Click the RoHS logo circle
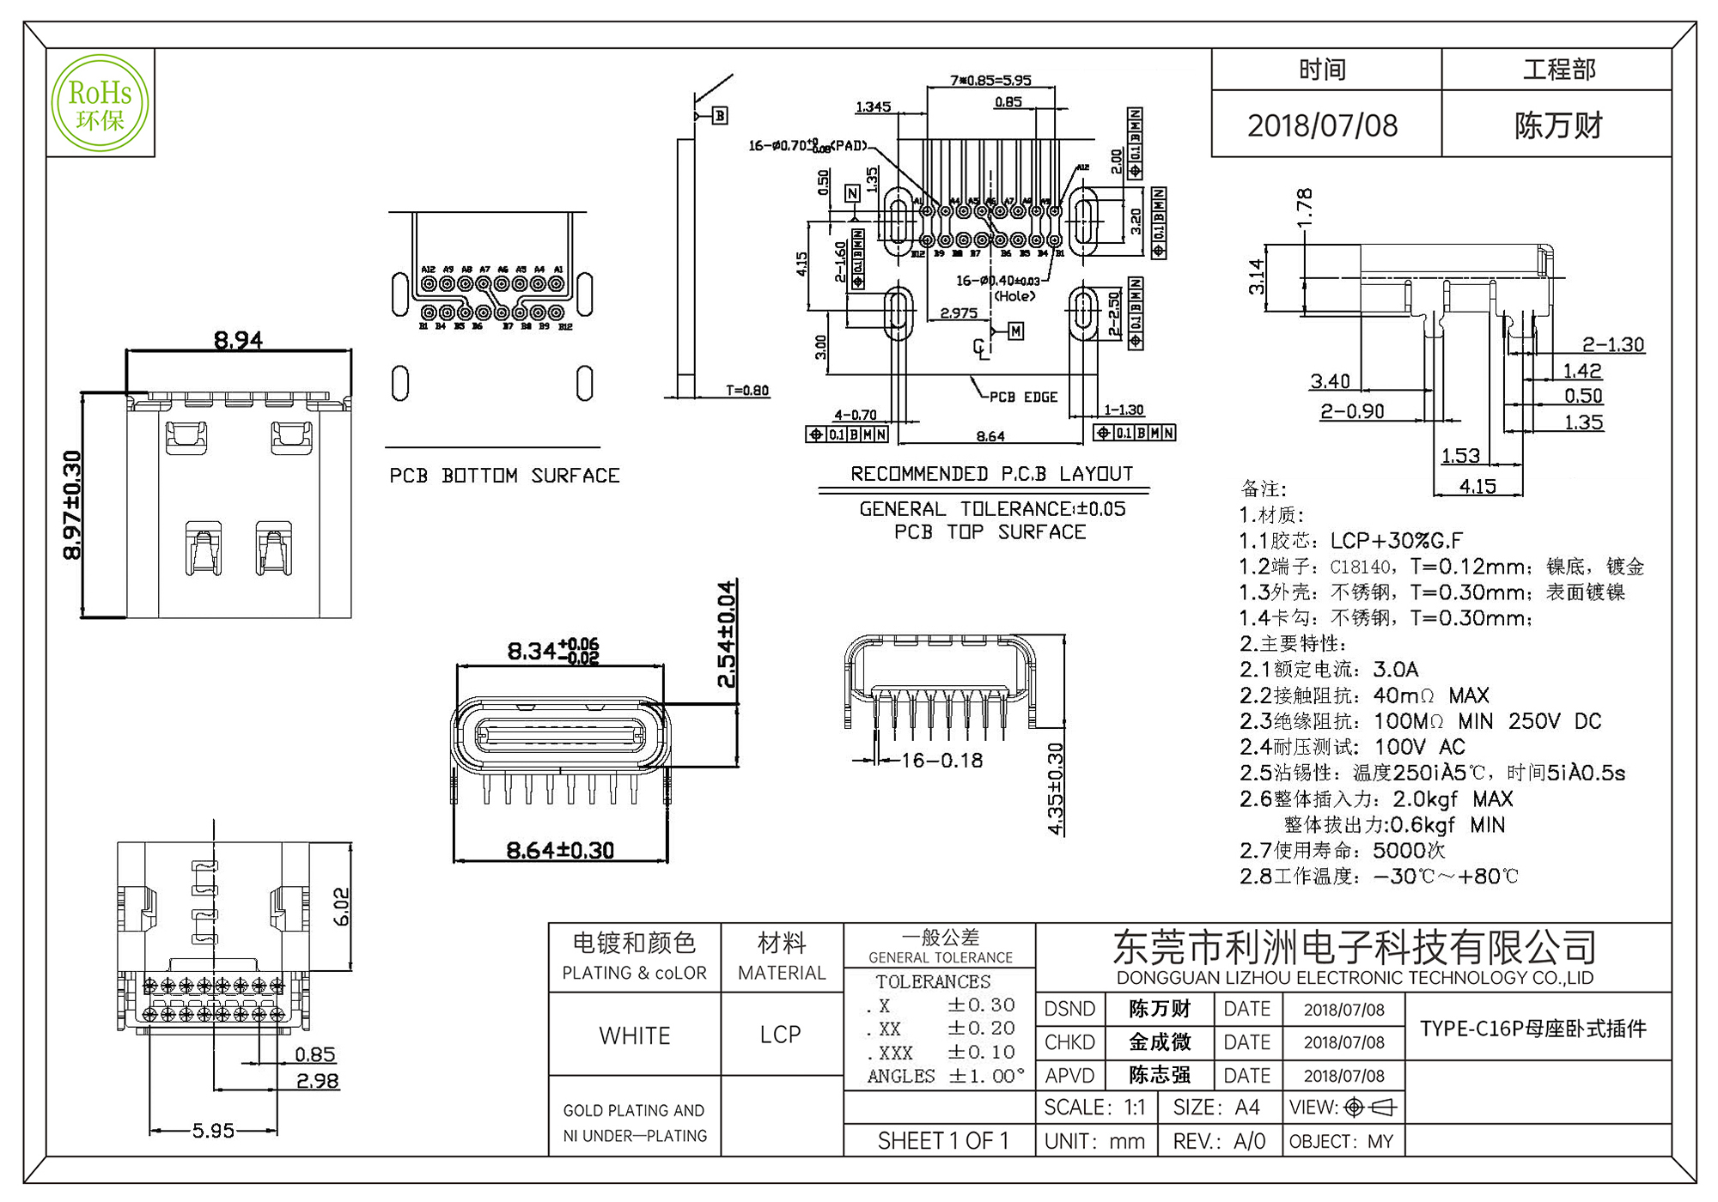coord(100,103)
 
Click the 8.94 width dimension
coord(238,341)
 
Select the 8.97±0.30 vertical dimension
coord(73,505)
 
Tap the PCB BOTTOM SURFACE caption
coord(504,476)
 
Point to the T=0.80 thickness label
coord(747,391)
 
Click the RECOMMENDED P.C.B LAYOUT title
coord(991,474)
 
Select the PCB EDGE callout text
coord(1023,398)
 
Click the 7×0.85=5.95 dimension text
coord(990,81)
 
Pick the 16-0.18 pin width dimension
coord(941,760)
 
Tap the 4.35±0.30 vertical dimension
coord(1056,788)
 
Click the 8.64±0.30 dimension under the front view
coord(560,851)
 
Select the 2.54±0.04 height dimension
coord(727,634)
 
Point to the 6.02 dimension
coord(341,907)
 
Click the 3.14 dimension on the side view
coord(1257,276)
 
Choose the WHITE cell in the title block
coord(635,1035)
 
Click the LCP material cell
coord(781,1035)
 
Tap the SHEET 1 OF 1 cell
coord(942,1141)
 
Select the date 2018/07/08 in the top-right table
coord(1322,125)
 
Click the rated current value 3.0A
coord(1396,670)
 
